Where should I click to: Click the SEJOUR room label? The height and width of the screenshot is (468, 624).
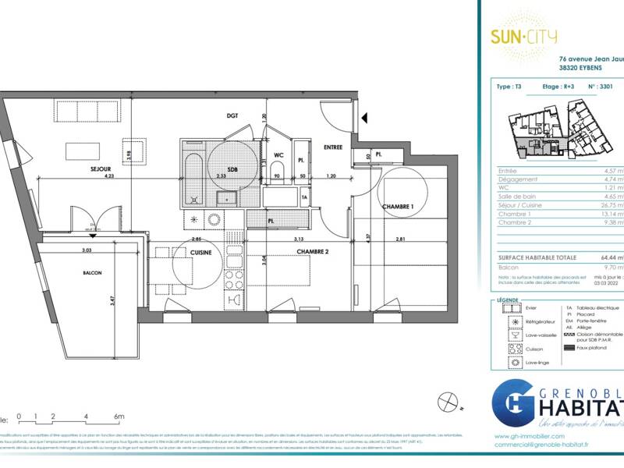[99, 168]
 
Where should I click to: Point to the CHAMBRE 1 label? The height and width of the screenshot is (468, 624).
[399, 206]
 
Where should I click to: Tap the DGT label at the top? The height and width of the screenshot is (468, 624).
[232, 116]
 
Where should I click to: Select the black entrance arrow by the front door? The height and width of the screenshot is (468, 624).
[363, 119]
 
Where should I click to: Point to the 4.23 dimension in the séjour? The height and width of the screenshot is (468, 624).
[85, 176]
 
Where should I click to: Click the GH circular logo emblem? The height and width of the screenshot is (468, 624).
[511, 407]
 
